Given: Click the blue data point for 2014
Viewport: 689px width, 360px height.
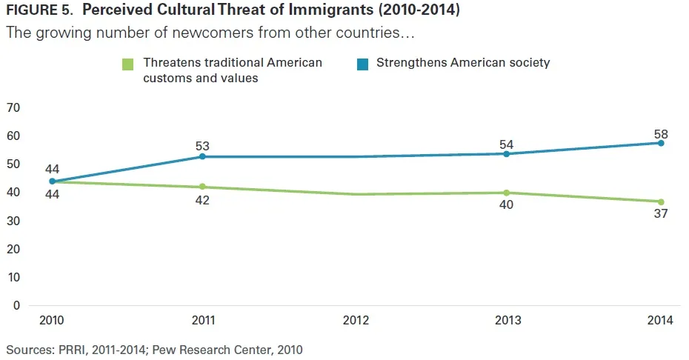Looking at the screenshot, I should (x=661, y=143).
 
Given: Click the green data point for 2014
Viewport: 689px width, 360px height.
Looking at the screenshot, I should (x=661, y=201).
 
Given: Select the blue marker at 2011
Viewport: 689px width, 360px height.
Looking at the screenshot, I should (x=203, y=156).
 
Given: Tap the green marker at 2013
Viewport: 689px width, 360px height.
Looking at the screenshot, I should (x=506, y=193).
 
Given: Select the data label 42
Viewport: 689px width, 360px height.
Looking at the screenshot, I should (x=202, y=201).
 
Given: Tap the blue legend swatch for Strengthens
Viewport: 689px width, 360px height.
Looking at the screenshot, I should (x=363, y=64).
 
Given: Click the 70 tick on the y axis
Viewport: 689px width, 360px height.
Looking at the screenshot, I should (x=13, y=108).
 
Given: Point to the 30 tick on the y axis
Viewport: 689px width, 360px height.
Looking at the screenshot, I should (x=13, y=221).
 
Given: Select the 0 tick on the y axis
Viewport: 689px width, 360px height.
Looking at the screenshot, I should (x=16, y=305).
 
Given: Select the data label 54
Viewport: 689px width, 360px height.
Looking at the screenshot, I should (x=506, y=144).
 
